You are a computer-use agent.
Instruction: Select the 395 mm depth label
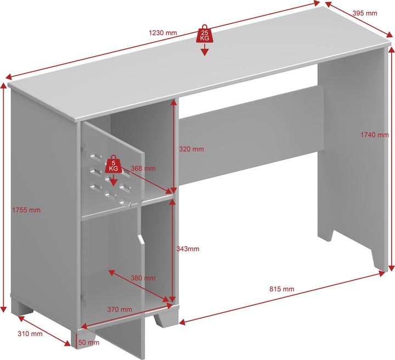(x=365, y=13)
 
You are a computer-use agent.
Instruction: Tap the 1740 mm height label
(x=374, y=135)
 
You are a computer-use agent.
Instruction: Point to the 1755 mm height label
(x=26, y=210)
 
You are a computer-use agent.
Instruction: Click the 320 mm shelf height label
(x=191, y=149)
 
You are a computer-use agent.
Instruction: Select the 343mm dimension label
(x=188, y=249)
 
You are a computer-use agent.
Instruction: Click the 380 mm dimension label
(x=143, y=278)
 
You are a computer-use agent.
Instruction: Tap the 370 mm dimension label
(x=120, y=310)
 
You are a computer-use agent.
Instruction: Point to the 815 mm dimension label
(x=281, y=289)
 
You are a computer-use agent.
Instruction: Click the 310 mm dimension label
(x=30, y=334)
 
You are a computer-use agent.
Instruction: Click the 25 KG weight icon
(x=204, y=35)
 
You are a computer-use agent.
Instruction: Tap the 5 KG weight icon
(x=113, y=164)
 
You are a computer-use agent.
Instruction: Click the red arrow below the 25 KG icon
(x=204, y=51)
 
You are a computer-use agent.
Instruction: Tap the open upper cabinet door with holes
(x=110, y=164)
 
